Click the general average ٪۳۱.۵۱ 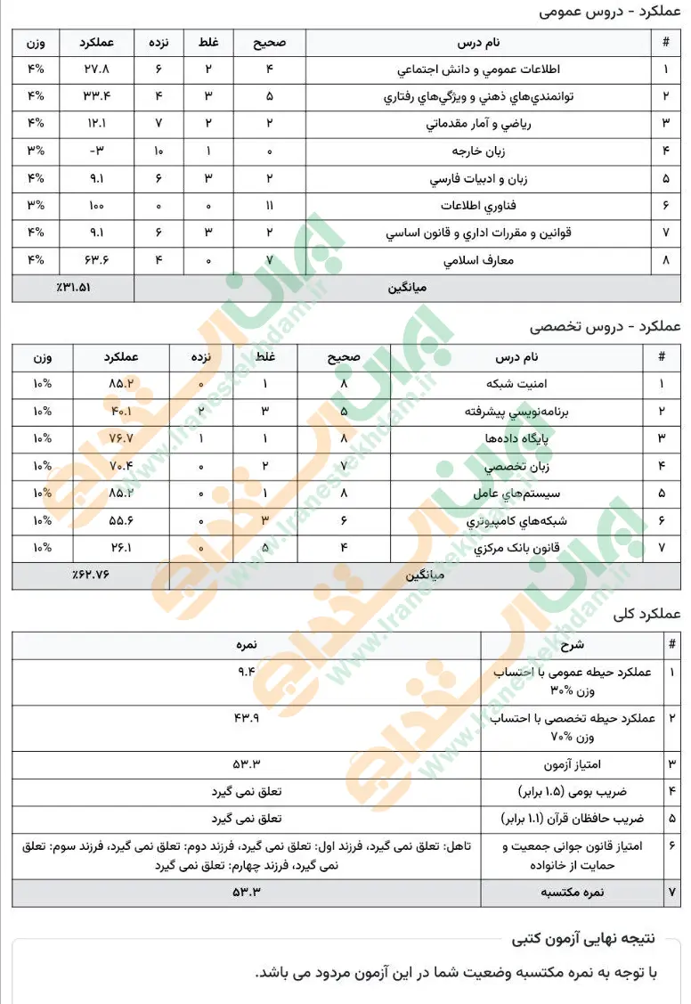point(74,288)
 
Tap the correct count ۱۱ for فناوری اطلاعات point(269,207)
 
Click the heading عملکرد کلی point(646,614)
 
